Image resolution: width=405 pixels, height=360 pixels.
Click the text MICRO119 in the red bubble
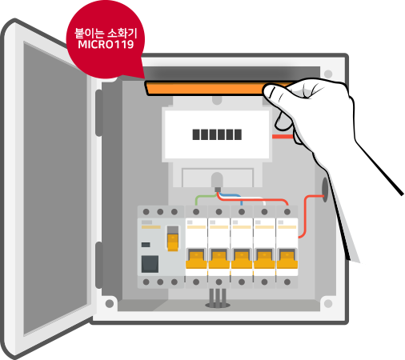click(106, 44)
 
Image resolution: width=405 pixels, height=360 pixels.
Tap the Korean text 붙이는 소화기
click(106, 34)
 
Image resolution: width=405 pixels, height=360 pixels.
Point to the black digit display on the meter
click(217, 134)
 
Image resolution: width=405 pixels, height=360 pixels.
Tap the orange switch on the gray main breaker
click(173, 242)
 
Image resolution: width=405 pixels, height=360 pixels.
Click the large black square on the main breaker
click(150, 264)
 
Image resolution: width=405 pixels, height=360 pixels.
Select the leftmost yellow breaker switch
click(196, 258)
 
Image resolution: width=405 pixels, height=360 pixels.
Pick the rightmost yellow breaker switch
click(287, 258)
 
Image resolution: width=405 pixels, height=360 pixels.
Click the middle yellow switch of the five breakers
click(242, 258)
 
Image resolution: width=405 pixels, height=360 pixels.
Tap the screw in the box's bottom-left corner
click(110, 303)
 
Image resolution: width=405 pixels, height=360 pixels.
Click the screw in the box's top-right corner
click(328, 74)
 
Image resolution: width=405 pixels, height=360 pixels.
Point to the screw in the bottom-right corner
click(328, 303)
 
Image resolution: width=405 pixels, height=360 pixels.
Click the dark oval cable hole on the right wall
click(325, 190)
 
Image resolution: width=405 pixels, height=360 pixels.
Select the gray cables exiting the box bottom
click(218, 298)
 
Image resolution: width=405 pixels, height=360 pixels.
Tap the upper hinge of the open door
click(98, 113)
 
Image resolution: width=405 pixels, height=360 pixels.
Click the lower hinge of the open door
click(98, 265)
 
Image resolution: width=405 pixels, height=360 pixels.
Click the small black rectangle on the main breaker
click(146, 245)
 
